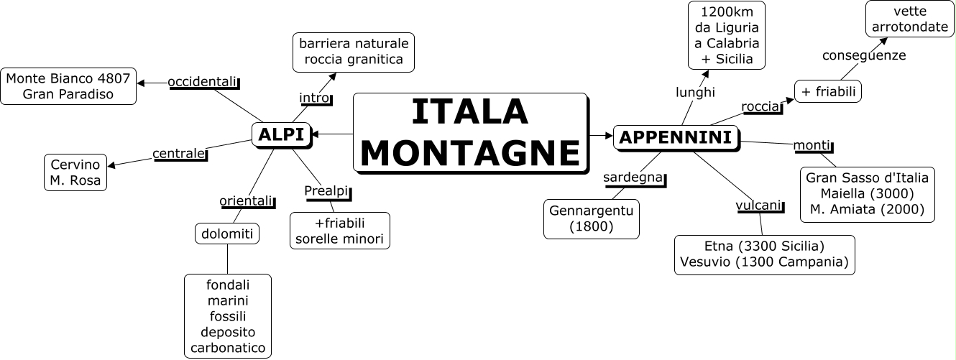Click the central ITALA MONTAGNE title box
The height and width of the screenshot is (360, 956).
470,134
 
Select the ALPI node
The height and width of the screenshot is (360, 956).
281,134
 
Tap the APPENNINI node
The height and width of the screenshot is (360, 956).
676,137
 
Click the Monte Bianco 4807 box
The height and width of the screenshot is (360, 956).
68,86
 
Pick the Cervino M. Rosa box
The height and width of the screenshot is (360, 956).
75,172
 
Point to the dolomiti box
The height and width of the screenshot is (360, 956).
226,234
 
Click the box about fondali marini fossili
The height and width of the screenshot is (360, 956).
228,315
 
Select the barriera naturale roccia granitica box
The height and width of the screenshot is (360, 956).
354,52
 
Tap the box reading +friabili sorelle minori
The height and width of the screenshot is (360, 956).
339,230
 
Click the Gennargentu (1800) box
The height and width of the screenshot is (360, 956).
592,218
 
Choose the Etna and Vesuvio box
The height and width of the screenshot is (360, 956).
765,254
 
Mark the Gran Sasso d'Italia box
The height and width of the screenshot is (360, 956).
867,194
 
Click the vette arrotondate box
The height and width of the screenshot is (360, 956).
909,19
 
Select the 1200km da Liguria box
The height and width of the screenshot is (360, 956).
726,35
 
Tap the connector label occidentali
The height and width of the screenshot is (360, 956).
202,82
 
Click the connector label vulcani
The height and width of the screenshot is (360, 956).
758,206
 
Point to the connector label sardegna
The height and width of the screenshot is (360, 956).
632,177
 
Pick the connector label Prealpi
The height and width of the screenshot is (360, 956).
326,190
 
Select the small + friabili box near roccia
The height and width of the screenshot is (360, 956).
828,91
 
